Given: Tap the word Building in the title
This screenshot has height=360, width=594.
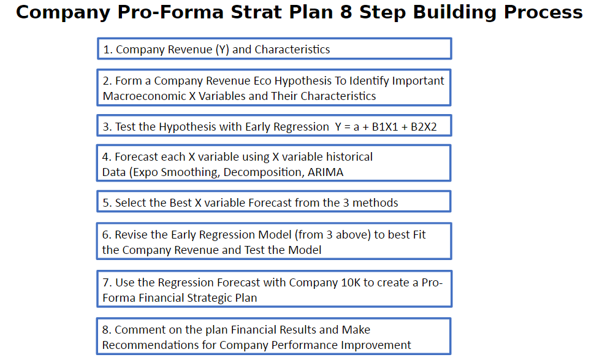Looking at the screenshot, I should (x=453, y=12).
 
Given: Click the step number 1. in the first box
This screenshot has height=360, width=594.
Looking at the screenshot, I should (x=108, y=50).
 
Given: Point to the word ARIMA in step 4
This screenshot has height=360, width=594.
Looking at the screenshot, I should (x=326, y=172).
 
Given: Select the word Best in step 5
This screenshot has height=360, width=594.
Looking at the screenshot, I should (x=181, y=203).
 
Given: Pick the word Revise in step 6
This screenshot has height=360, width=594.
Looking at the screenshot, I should (x=132, y=235).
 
